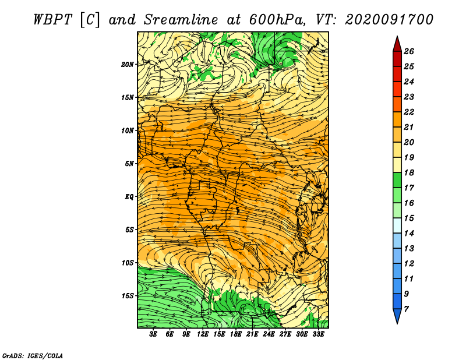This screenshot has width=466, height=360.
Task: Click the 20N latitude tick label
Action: [127, 65]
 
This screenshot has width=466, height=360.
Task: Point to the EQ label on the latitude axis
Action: [129, 197]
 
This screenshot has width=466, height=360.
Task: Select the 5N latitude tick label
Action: [129, 164]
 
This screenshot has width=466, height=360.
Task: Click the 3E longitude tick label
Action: [153, 334]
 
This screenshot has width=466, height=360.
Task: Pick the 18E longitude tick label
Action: [236, 334]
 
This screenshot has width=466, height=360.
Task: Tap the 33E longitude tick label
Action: [318, 334]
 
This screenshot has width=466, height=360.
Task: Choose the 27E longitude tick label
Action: [285, 334]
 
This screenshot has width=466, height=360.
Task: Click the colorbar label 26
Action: [409, 51]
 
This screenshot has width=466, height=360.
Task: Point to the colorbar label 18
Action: [409, 172]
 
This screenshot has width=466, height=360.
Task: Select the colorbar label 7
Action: [406, 309]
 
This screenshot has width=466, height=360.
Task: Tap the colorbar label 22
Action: [409, 112]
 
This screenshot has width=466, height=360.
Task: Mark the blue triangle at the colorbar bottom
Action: [397, 315]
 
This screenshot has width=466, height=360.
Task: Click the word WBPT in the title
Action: [52, 20]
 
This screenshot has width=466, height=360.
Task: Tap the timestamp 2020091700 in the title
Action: [389, 20]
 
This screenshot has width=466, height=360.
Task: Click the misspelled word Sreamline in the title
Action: [181, 20]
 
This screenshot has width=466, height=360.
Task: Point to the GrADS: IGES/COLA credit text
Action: [33, 355]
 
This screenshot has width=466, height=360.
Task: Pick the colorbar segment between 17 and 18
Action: [397, 180]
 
